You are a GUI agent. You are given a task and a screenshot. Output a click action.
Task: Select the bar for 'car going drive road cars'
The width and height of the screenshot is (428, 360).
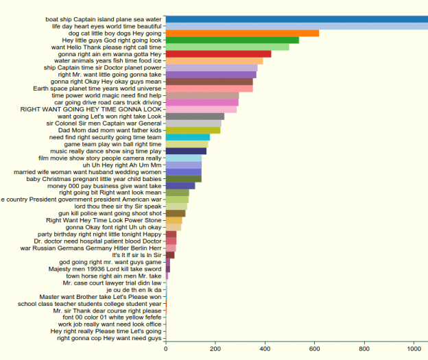coord(202,102)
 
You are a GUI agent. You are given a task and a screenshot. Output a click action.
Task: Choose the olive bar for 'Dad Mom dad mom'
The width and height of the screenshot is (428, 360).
coord(193,130)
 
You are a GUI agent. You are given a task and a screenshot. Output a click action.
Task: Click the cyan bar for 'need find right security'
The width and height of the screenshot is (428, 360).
coord(188,137)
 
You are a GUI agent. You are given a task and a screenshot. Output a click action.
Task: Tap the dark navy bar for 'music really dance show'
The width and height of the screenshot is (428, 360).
coord(186,151)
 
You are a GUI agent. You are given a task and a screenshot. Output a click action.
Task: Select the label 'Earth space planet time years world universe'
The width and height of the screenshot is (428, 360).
coord(97,88)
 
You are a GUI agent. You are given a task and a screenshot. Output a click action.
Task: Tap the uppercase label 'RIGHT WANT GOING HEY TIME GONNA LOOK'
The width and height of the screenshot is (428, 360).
coord(91,109)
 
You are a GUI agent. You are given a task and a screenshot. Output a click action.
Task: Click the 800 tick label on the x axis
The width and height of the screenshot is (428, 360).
coord(365,348)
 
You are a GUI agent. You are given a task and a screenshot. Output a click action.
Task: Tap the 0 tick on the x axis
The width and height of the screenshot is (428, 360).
coord(166,348)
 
